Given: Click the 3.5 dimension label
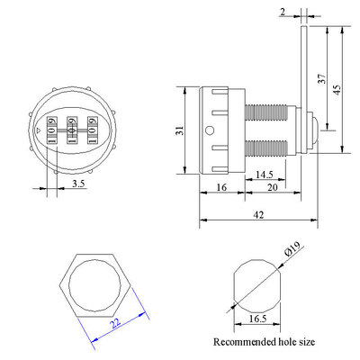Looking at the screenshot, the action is [78, 184].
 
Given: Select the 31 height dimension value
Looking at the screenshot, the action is [180, 130].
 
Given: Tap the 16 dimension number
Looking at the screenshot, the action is [221, 187].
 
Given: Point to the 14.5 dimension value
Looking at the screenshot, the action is [265, 175].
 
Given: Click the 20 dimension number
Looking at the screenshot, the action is [273, 187].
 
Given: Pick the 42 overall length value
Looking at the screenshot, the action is [258, 215].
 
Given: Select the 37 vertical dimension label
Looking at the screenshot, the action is [321, 78].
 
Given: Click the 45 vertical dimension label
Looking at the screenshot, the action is [337, 90].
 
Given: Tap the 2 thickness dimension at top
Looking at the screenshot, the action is [283, 12].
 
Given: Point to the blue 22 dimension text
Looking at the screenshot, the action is [115, 322].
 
